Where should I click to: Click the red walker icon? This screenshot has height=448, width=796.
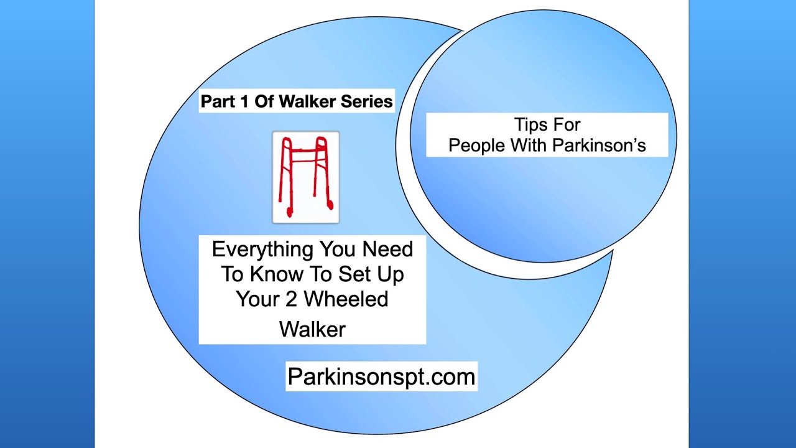tap(305, 177)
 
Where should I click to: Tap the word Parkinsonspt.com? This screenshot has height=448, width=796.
tap(381, 376)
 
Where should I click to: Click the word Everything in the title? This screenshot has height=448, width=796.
tap(262, 250)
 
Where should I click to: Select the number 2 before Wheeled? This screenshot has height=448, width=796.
tap(291, 299)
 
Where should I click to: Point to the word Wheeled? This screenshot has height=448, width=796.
tap(346, 299)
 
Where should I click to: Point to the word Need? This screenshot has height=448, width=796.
tap(387, 249)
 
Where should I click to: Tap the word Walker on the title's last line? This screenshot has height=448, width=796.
tap(312, 329)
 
